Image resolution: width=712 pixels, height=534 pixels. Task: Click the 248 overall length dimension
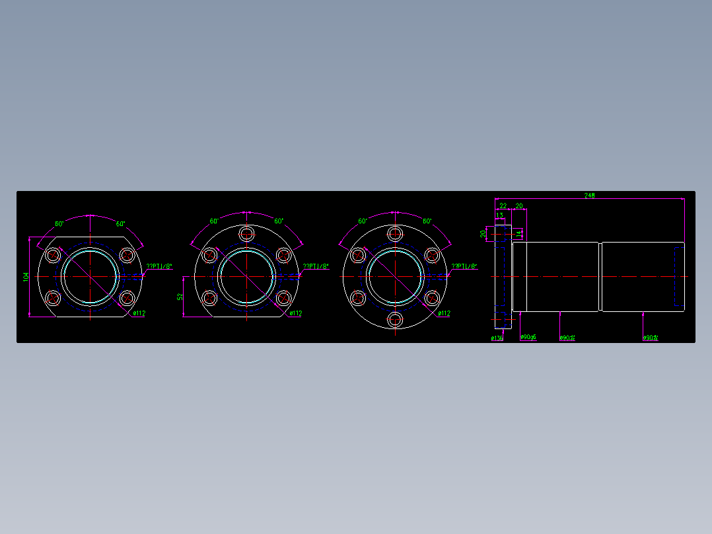click(589, 196)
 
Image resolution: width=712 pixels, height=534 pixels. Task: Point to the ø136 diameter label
click(497, 338)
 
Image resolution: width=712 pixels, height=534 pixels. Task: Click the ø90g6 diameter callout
click(528, 338)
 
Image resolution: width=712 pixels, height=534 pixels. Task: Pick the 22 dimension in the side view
click(503, 206)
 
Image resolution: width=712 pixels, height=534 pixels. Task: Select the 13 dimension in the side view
click(499, 215)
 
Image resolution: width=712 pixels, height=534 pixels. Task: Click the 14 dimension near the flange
click(519, 233)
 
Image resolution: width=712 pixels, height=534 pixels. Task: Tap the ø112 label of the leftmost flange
click(139, 313)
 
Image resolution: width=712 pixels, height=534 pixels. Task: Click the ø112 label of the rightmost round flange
click(444, 313)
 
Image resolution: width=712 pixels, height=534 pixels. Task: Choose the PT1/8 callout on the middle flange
click(316, 266)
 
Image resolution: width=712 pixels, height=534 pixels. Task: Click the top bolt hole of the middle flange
click(247, 233)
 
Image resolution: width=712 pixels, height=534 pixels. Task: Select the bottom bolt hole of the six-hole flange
click(395, 320)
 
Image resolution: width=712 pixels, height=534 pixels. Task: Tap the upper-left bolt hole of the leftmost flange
click(53, 255)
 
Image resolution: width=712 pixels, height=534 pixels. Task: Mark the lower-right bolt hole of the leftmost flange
click(127, 298)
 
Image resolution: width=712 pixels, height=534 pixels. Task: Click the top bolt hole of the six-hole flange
click(395, 233)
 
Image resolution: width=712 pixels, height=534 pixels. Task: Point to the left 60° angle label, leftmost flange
click(59, 223)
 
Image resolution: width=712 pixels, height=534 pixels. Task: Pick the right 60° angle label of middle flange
click(279, 221)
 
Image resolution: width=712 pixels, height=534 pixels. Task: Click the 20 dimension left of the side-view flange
click(483, 233)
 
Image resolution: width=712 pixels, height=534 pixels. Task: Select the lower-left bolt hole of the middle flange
click(210, 298)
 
